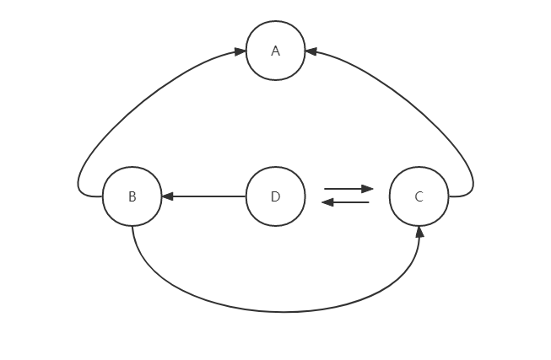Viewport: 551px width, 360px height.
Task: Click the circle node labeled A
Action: [x=275, y=51]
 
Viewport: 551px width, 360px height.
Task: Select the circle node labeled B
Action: [x=132, y=196]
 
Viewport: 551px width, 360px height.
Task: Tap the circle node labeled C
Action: [x=419, y=196]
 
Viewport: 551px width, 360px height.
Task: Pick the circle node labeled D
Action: [x=275, y=196]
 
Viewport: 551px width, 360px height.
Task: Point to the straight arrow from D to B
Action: [x=207, y=196]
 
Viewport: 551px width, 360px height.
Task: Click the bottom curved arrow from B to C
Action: [x=276, y=311]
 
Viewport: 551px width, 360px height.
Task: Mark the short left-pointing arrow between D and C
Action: [x=347, y=202]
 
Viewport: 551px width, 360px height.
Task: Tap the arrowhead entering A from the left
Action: [x=240, y=51]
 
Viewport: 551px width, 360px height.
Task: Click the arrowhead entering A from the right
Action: [x=311, y=51]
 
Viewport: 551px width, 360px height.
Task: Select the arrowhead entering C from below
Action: [x=419, y=232]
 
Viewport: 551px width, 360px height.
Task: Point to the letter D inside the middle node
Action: [x=275, y=196]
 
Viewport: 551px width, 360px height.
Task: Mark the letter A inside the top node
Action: [x=275, y=51]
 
